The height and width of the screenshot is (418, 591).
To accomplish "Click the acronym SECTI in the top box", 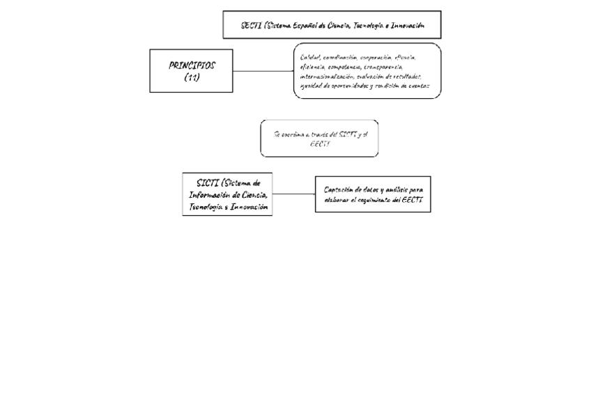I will click(x=251, y=25).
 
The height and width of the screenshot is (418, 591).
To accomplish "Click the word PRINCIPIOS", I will click(x=192, y=65).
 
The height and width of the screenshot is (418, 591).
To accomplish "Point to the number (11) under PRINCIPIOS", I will click(x=192, y=77).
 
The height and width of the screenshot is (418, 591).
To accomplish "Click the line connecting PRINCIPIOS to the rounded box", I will click(x=263, y=71).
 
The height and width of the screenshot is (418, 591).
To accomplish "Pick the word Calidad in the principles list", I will click(x=310, y=57).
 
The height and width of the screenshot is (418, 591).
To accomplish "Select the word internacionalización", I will click(x=326, y=77).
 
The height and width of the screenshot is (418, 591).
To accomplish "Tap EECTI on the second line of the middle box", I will click(x=319, y=144).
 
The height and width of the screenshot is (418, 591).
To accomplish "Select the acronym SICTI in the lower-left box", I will click(x=208, y=183).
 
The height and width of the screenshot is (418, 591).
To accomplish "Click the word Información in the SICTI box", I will click(x=210, y=195).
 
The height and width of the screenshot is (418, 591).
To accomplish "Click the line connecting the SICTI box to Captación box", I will click(x=293, y=194).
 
